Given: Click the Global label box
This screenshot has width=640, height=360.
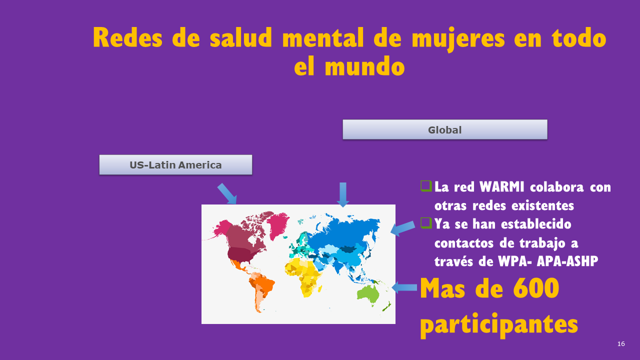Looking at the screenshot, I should click(x=444, y=129).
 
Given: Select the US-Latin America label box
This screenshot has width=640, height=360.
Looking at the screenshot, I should click(x=175, y=164).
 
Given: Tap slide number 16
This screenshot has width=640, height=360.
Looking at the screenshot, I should click(x=621, y=344).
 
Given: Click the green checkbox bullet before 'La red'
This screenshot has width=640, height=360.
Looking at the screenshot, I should click(x=425, y=186).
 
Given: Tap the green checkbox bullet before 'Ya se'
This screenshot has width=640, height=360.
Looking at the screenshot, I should click(x=425, y=222).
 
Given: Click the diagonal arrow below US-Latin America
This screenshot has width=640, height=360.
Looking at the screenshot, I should click(x=226, y=193).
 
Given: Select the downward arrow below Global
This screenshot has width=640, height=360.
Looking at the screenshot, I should click(x=342, y=194).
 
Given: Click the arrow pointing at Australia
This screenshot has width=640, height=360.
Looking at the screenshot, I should click(x=404, y=287).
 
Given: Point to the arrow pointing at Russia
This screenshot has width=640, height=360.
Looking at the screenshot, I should click(x=402, y=228).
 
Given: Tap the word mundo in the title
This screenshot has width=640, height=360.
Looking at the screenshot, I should click(x=364, y=66).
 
